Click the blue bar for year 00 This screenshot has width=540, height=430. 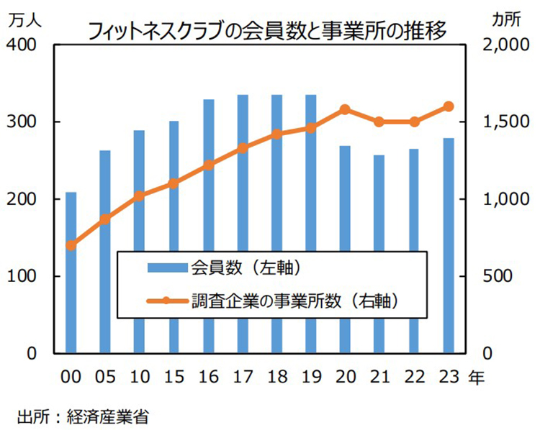click(x=71, y=273)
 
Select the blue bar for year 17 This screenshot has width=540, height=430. click(x=243, y=224)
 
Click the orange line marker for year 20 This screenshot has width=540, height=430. click(x=345, y=109)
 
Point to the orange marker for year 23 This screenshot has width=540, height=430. click(x=448, y=106)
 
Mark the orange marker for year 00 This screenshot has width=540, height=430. click(x=71, y=245)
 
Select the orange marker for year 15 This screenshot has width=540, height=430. click(x=174, y=183)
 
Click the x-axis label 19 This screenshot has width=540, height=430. click(x=311, y=375)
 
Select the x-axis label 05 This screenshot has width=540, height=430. click(x=105, y=375)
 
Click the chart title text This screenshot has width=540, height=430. click(x=266, y=30)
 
